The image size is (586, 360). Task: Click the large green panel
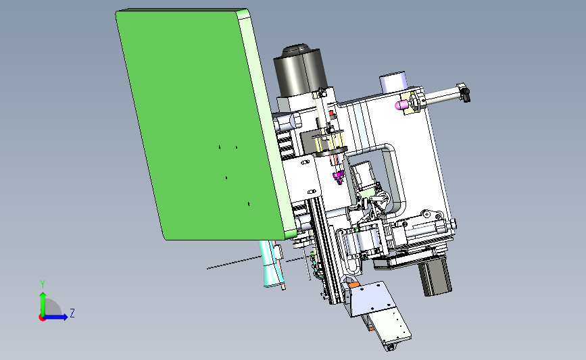point(202,123)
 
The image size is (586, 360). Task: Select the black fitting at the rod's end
point(466,94)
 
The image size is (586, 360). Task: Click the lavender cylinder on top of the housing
point(393,81)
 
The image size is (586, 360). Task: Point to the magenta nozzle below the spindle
point(339,177)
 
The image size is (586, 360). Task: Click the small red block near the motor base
point(331,113)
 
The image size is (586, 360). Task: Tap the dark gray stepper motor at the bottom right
point(435,276)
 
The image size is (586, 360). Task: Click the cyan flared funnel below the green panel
point(271,264)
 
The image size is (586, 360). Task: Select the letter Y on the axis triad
point(43,284)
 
